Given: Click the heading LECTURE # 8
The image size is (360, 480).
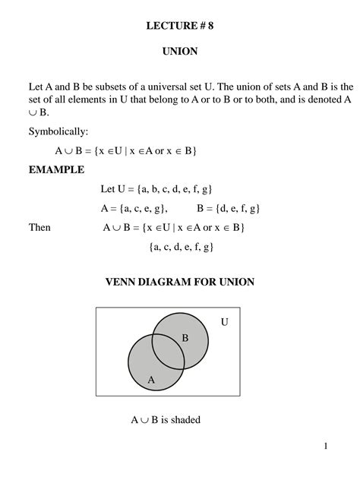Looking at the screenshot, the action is [x=180, y=26].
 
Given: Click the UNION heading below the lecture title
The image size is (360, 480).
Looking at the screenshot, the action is [x=180, y=52].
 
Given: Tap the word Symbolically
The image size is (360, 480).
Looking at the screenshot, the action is [x=58, y=131].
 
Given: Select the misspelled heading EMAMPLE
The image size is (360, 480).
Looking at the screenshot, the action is [x=57, y=169].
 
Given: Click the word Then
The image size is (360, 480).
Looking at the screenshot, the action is [x=39, y=227].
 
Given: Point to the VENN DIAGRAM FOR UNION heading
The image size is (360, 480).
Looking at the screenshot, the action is [x=179, y=283].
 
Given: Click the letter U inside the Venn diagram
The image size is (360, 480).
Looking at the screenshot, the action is [x=224, y=322].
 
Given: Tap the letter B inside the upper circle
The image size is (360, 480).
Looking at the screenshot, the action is [x=185, y=336].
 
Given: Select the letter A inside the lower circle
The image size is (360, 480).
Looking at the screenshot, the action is [x=150, y=379].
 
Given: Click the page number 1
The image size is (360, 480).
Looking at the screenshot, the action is [x=326, y=446].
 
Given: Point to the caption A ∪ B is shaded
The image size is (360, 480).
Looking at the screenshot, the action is [x=166, y=419].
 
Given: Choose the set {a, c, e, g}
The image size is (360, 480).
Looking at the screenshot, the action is [x=143, y=208].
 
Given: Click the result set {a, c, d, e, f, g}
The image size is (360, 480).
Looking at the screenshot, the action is [x=182, y=247].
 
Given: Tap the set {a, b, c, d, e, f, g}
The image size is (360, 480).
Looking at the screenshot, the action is [x=183, y=188].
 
